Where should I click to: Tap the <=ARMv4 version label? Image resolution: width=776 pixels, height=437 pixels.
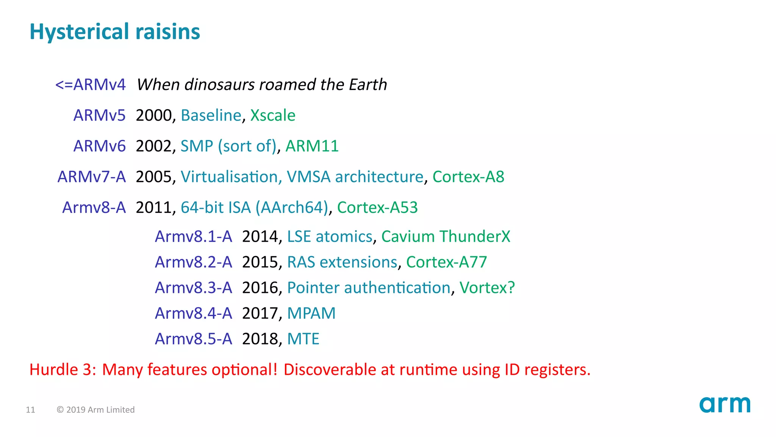click(x=90, y=85)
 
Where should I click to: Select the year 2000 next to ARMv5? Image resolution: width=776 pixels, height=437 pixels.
click(x=154, y=115)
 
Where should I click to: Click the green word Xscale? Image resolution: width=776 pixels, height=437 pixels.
click(x=273, y=115)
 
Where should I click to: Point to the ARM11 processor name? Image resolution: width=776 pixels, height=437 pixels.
click(x=312, y=146)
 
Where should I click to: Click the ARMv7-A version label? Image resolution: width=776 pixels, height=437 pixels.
click(x=91, y=177)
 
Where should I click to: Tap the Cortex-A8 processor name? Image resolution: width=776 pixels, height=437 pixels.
click(x=468, y=177)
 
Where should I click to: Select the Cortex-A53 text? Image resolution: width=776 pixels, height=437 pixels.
click(x=377, y=207)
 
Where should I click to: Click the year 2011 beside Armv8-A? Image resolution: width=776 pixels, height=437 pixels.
click(x=154, y=207)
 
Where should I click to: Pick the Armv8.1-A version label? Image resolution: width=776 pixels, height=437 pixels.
click(x=193, y=237)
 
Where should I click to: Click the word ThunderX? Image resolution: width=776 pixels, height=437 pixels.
click(x=475, y=237)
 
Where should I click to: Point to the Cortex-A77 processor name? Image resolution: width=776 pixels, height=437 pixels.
click(x=446, y=262)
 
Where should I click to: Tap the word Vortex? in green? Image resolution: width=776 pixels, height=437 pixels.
click(x=487, y=288)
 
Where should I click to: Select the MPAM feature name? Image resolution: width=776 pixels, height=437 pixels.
click(x=311, y=313)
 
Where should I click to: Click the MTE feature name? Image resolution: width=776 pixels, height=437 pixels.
click(x=303, y=339)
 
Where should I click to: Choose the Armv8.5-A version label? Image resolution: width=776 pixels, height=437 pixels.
click(x=193, y=339)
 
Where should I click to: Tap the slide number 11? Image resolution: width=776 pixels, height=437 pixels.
click(x=30, y=410)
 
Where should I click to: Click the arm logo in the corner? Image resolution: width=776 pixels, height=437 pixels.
click(x=724, y=405)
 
